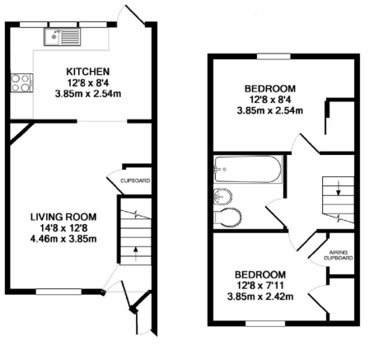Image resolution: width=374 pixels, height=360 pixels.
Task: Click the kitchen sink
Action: (x=62, y=37)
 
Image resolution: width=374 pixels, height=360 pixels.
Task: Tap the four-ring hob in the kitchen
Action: (x=21, y=83)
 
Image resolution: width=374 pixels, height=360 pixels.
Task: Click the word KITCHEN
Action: (x=88, y=72)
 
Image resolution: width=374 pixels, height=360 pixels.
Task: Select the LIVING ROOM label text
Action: (x=63, y=217)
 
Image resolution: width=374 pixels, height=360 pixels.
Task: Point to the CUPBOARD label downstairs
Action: (x=135, y=180)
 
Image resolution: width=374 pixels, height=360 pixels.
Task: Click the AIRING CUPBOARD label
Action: (x=339, y=255)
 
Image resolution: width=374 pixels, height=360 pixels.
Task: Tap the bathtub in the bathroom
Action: (x=248, y=169)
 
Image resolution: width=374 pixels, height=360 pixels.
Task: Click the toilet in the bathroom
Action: (x=227, y=217)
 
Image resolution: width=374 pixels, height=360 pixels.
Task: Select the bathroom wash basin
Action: (x=223, y=197)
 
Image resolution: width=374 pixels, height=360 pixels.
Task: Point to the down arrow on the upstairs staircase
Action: (x=339, y=188)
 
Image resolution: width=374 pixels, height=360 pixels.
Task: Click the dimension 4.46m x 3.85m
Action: (x=63, y=239)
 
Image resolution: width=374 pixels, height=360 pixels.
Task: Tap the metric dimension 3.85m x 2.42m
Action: (x=260, y=297)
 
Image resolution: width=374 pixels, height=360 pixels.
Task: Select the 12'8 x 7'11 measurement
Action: (x=260, y=286)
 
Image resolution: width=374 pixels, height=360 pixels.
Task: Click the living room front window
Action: (x=58, y=292)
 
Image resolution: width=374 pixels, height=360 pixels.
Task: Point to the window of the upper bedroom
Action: (x=273, y=56)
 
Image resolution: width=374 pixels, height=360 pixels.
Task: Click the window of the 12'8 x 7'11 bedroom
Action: (x=265, y=324)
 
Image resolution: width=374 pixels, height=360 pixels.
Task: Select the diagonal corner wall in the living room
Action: (x=21, y=133)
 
